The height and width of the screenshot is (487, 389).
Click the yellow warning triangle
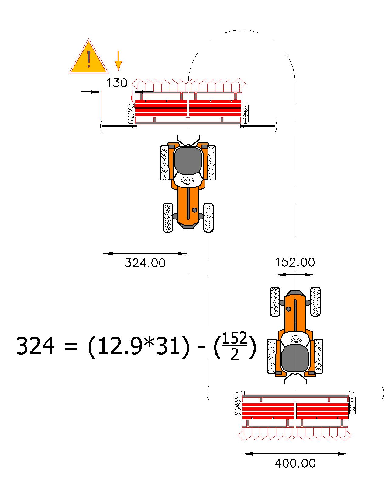89,58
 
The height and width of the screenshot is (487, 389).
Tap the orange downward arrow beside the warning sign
118,61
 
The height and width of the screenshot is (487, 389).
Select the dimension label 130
117,83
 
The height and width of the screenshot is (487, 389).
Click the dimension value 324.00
145,263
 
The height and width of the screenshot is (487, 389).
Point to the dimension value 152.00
295,262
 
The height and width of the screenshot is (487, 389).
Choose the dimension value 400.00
295,463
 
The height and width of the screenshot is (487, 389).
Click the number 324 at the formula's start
36,345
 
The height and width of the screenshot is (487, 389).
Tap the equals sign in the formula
71,346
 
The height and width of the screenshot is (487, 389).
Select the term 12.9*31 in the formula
138,346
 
